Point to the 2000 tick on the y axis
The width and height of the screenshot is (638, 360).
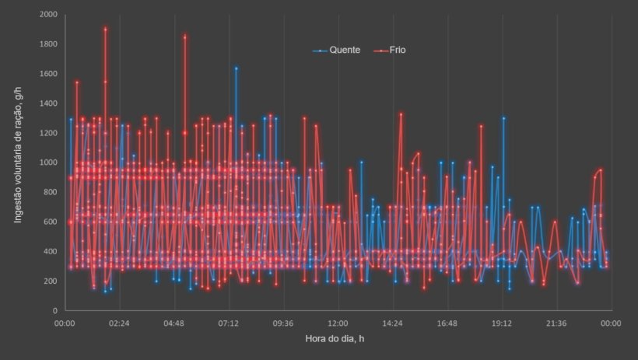[x=47, y=15]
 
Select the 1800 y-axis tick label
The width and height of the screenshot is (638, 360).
[x=47, y=44]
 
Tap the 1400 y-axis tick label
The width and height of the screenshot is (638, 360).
[x=47, y=103]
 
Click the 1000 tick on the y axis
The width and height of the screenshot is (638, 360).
[x=47, y=163]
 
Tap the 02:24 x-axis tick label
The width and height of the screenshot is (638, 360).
[x=119, y=323]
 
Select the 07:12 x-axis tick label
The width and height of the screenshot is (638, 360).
[x=229, y=323]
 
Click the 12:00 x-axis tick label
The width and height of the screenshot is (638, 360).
[x=338, y=323]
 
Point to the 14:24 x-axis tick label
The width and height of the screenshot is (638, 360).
[x=392, y=323]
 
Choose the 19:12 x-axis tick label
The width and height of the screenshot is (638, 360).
[x=502, y=323]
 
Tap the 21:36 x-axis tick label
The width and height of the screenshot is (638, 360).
[x=556, y=323]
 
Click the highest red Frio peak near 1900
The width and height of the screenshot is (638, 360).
[x=105, y=29]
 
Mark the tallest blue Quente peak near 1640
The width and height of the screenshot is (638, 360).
[x=236, y=68]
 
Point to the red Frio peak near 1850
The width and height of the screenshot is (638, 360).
[x=185, y=36]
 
